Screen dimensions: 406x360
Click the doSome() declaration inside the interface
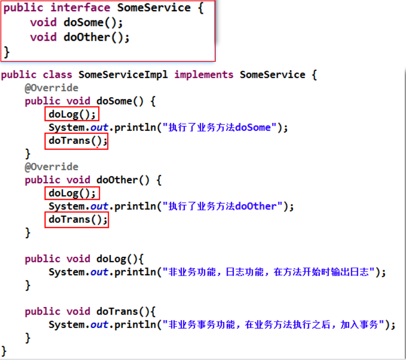point(89,23)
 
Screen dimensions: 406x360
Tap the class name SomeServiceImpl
point(123,75)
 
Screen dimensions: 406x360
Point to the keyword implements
point(204,75)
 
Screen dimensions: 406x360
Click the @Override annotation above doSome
point(51,88)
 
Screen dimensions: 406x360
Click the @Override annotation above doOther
point(51,167)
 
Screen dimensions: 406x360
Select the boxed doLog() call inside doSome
point(72,114)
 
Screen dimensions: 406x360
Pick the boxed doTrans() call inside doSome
point(76,141)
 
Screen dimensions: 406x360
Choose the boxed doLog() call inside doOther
point(72,193)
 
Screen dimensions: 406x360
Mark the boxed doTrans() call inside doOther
point(76,219)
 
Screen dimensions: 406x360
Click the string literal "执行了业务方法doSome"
point(217,127)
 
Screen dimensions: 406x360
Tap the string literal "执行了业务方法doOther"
point(220,206)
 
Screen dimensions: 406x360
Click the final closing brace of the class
point(4,351)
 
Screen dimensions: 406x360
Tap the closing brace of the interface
point(6,52)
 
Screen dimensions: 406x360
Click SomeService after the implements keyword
point(273,75)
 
